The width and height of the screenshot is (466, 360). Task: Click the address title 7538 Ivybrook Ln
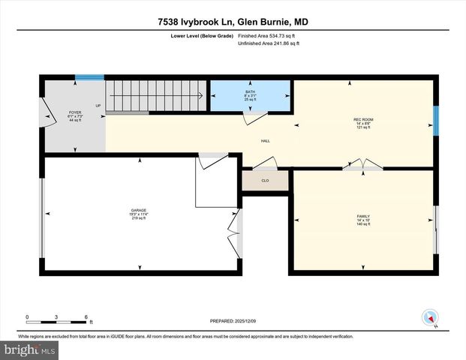click(x=233, y=22)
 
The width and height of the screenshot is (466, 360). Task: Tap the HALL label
click(x=266, y=141)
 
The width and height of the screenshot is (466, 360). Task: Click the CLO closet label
click(x=265, y=181)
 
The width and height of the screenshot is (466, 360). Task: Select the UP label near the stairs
click(x=98, y=106)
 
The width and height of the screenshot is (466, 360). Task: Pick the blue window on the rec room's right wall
click(x=435, y=118)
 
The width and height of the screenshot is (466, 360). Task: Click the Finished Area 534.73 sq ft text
click(x=268, y=35)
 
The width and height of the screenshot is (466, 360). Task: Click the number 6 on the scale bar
click(x=86, y=317)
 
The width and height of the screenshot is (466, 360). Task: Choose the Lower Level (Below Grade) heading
click(x=201, y=35)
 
